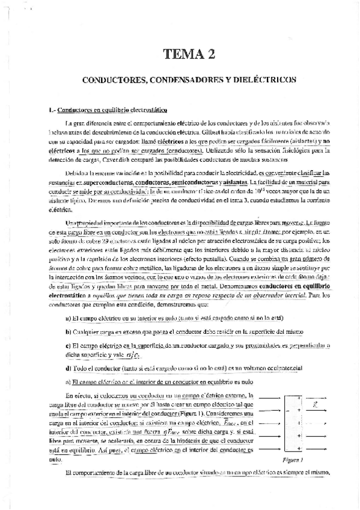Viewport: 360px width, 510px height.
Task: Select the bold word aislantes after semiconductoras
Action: [x=234, y=181]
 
